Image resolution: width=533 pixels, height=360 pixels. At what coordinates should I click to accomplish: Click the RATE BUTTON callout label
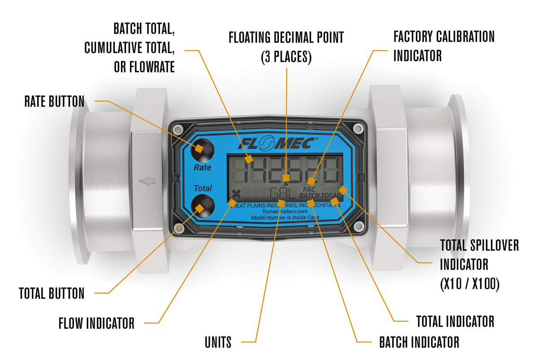click(54, 101)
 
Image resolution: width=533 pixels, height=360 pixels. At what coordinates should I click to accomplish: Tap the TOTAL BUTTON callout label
click(52, 294)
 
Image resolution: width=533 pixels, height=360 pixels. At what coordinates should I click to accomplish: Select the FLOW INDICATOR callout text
click(96, 323)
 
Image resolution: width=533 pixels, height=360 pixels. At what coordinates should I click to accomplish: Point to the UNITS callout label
click(218, 343)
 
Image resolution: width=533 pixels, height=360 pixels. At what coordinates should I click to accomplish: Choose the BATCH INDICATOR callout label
click(419, 343)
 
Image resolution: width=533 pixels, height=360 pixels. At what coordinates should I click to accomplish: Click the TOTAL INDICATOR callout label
click(455, 321)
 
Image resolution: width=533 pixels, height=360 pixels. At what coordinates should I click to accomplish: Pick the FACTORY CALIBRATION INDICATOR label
click(444, 46)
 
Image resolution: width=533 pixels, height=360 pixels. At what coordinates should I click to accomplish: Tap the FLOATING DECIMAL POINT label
click(286, 47)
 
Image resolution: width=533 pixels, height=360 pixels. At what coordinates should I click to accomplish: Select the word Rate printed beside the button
click(202, 168)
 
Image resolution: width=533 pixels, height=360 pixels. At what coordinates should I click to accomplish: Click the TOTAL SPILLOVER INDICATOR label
click(479, 265)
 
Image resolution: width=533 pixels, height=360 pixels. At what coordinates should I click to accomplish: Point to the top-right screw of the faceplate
click(357, 129)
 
